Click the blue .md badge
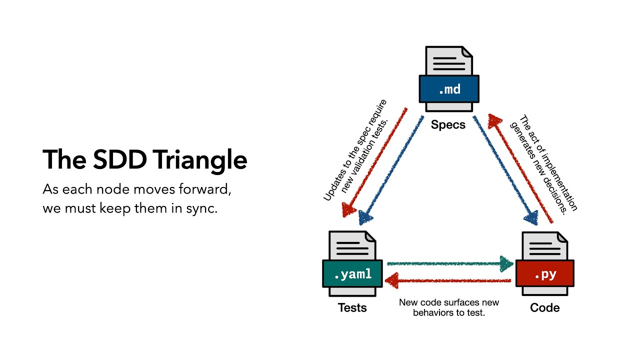(449, 89)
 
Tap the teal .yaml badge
(352, 274)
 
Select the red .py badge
(545, 274)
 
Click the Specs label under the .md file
(448, 124)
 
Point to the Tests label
(352, 307)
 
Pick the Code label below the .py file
(544, 307)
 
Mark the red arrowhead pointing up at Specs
(495, 120)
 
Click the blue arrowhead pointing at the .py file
(530, 217)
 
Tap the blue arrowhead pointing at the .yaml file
(365, 216)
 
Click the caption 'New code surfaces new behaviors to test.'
(448, 307)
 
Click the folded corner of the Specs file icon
(466, 52)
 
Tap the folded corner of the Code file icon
(562, 237)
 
